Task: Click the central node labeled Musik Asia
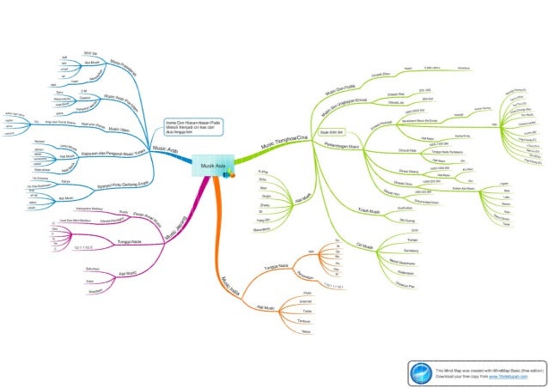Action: pos(210,166)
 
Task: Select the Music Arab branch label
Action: pos(166,149)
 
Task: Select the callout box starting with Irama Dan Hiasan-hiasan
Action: pos(193,128)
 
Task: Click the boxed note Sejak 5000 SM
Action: pos(331,133)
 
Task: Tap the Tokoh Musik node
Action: pos(368,210)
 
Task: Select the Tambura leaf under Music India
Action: pos(303,319)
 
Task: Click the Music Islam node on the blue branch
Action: pos(118,128)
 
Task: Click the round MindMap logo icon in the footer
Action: pos(421,372)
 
